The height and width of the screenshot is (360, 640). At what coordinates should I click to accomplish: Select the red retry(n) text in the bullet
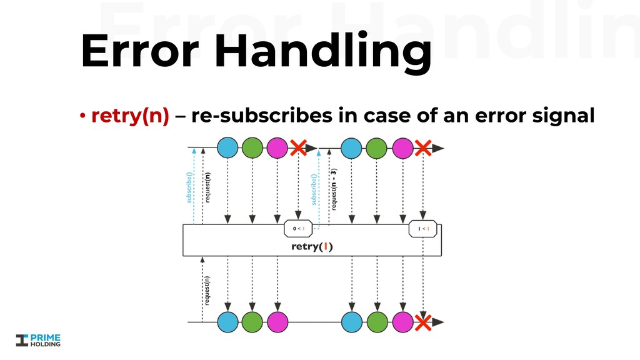tap(130, 117)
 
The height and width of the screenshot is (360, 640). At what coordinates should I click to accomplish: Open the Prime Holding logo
tap(39, 339)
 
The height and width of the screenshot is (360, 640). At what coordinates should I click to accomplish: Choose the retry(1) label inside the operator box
tap(312, 246)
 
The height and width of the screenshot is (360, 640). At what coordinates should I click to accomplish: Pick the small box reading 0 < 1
tap(298, 229)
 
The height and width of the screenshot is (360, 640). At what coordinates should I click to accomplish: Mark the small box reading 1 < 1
tap(423, 229)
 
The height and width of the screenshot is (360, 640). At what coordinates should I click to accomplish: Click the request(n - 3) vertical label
tap(334, 189)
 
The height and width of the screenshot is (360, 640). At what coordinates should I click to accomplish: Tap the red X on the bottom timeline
tap(423, 322)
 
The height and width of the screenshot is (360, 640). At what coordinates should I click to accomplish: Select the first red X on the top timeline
tap(298, 148)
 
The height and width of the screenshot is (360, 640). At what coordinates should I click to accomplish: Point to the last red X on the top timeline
tap(423, 148)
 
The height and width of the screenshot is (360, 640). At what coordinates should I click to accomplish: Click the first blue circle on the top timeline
tap(227, 148)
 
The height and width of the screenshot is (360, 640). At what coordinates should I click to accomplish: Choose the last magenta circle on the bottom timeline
tap(402, 322)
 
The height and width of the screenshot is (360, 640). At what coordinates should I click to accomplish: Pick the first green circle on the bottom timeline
tap(252, 322)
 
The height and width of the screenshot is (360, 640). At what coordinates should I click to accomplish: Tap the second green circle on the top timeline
tap(377, 148)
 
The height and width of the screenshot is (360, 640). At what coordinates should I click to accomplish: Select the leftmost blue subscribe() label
tap(189, 183)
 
